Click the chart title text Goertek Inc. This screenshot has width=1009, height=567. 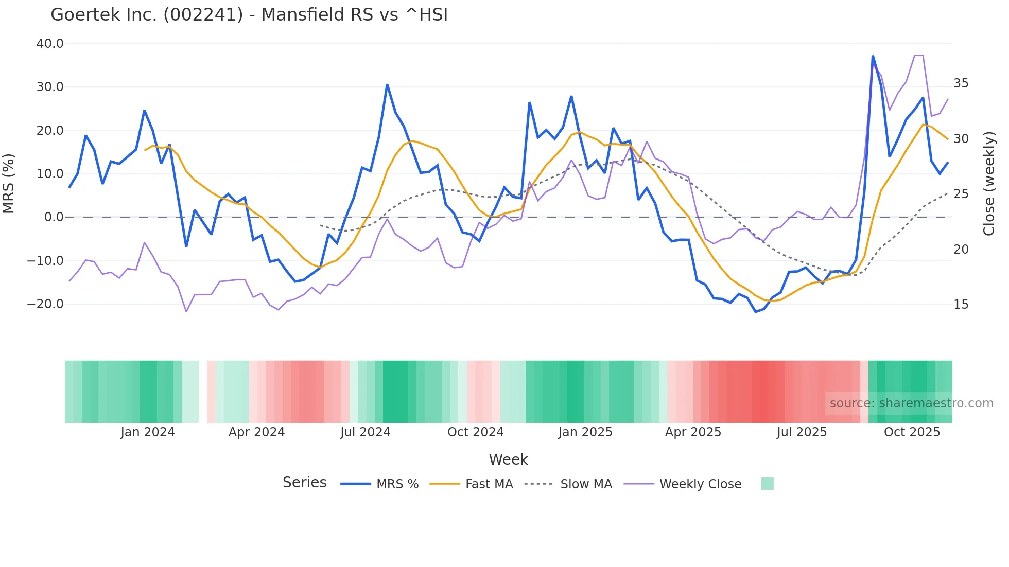point(249,15)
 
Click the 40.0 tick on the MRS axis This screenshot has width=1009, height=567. point(50,44)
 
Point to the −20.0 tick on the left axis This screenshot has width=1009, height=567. point(46,304)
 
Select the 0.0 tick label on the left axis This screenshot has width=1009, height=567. point(54,217)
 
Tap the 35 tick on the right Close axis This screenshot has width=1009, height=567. point(961,83)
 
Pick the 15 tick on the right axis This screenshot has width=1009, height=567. point(961,305)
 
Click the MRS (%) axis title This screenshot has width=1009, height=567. point(9,184)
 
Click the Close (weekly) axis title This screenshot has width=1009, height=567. point(989,184)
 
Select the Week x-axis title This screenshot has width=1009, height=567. point(508,459)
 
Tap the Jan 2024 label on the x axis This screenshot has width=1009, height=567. point(148,432)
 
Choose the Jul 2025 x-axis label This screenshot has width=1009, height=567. point(802,432)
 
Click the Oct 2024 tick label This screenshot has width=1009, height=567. point(475,432)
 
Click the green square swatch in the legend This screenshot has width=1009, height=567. point(767,484)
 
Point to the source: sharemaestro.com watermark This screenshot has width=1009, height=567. point(911,403)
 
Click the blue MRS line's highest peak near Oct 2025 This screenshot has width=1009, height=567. point(873,56)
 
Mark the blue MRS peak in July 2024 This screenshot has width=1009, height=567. point(387,85)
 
